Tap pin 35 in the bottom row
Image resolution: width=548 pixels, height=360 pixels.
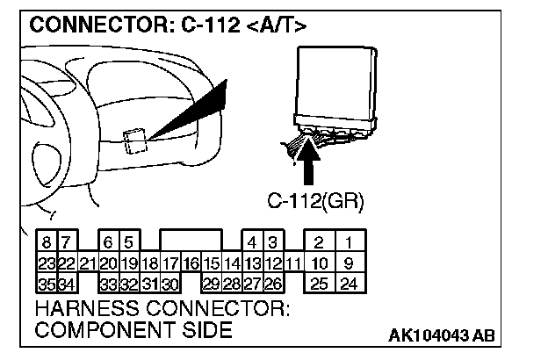pos(46,284)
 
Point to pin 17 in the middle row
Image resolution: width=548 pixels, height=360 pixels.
pos(171,263)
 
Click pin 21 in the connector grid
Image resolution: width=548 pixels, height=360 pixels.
pos(87,263)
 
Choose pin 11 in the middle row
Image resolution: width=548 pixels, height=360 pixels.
pos(292,263)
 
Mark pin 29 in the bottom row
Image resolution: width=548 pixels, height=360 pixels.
pos(211,284)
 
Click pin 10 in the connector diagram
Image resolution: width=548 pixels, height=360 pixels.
pos(320,263)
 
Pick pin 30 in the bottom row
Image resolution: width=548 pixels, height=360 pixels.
pos(170,284)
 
